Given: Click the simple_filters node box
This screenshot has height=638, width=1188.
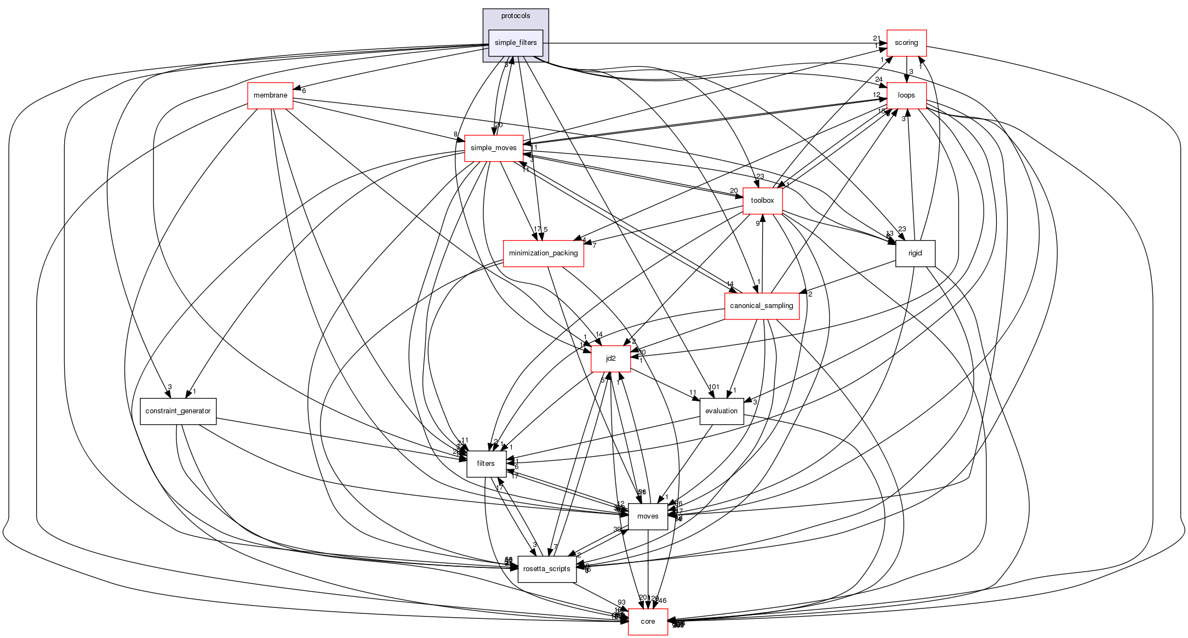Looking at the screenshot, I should pyautogui.click(x=515, y=43).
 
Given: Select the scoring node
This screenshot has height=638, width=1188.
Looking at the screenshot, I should pyautogui.click(x=906, y=43).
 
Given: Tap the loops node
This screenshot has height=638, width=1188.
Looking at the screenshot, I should pyautogui.click(x=906, y=95).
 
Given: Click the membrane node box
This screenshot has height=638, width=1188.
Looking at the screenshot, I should pyautogui.click(x=270, y=95).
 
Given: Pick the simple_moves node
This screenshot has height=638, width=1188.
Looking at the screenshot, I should pyautogui.click(x=493, y=148).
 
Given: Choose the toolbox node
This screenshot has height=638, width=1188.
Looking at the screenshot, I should pyautogui.click(x=762, y=201).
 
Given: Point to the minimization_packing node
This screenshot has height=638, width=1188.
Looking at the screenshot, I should pyautogui.click(x=543, y=253).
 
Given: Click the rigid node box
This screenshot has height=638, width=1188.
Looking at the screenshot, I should pyautogui.click(x=915, y=253).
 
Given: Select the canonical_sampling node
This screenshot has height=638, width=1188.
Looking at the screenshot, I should pyautogui.click(x=761, y=306).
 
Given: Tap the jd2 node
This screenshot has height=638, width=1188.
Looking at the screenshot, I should pyautogui.click(x=610, y=358).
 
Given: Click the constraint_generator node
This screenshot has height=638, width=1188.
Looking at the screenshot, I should pyautogui.click(x=178, y=411).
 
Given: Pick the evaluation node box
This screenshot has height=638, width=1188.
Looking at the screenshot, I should pyautogui.click(x=721, y=411).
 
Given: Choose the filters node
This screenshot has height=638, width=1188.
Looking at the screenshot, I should pyautogui.click(x=486, y=464).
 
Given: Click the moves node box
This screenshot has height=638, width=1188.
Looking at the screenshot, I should pyautogui.click(x=648, y=516).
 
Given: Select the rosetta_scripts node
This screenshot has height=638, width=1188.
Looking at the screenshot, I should pyautogui.click(x=546, y=569).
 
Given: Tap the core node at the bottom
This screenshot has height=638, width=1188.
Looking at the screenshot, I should pyautogui.click(x=648, y=622).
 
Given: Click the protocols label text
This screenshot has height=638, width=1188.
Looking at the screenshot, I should pyautogui.click(x=515, y=16).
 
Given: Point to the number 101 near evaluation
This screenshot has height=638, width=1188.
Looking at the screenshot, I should pyautogui.click(x=713, y=387).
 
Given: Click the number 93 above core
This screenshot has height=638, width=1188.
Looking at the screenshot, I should pyautogui.click(x=621, y=602).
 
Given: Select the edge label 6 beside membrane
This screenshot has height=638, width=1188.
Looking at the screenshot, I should pyautogui.click(x=304, y=91).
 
